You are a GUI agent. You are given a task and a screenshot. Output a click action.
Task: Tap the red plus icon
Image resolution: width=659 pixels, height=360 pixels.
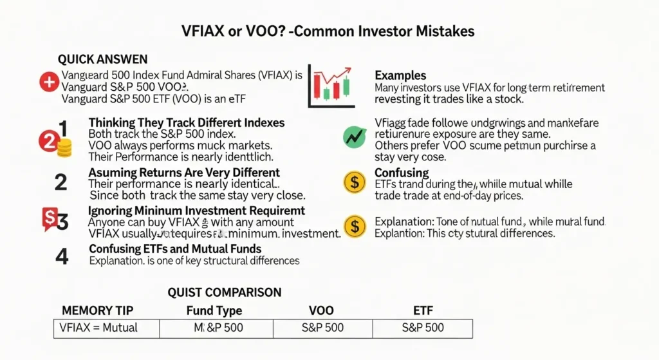click(48, 81)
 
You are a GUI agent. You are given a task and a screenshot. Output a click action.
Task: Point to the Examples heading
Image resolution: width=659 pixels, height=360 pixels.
click(400, 75)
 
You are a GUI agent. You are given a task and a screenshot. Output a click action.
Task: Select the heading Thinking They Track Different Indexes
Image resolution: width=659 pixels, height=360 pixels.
click(186, 122)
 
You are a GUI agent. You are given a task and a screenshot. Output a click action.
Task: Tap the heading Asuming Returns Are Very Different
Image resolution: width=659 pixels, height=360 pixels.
click(184, 173)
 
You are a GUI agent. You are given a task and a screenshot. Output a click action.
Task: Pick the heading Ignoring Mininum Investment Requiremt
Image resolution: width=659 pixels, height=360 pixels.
click(196, 211)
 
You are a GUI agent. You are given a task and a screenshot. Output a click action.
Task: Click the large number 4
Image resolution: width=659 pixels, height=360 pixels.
click(62, 256)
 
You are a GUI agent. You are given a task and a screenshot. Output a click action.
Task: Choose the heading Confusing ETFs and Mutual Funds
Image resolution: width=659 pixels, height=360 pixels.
click(175, 249)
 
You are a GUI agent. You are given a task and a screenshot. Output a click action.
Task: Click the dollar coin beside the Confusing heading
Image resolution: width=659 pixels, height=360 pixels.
click(354, 182)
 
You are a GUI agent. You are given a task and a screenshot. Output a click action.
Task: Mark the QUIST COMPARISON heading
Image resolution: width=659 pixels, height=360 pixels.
click(224, 292)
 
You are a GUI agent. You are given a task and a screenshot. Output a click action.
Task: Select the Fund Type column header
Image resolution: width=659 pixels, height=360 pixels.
click(214, 310)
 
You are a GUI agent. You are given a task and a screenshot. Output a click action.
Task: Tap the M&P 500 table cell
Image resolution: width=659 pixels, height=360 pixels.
click(219, 328)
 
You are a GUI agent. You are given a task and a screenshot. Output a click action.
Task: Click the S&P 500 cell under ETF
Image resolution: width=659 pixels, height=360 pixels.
click(422, 328)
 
